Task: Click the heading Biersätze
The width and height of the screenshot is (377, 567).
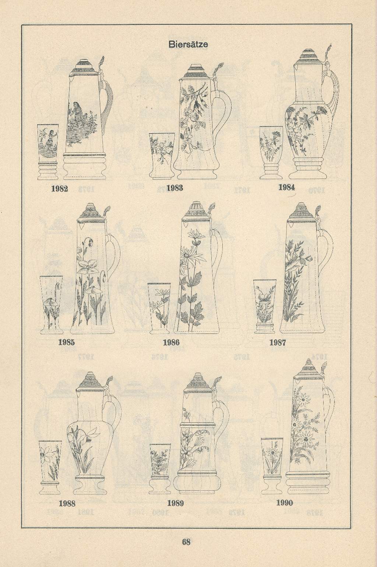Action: point(188,45)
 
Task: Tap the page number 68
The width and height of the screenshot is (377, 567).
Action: point(186,542)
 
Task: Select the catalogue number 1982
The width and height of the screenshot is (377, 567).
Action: point(60,189)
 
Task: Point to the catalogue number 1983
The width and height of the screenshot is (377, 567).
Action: point(175,188)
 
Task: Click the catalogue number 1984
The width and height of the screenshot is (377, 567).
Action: point(286,187)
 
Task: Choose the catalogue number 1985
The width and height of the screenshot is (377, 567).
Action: point(67,342)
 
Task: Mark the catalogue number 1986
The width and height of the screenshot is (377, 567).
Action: point(171,342)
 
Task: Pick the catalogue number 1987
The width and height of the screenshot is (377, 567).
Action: point(278,343)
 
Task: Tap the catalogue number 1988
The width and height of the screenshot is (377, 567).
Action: point(67,504)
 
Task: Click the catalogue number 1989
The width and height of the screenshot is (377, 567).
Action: point(175,503)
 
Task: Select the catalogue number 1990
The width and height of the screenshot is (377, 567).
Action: point(285,502)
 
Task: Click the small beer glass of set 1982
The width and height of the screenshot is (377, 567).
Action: point(48,152)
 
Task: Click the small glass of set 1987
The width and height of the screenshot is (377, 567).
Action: point(265,306)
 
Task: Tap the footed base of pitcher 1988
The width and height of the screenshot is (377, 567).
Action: point(90,485)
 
